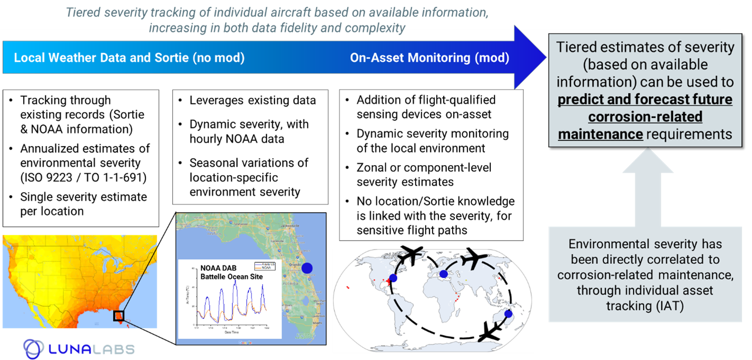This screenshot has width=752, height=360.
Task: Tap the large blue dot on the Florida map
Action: [x=307, y=268]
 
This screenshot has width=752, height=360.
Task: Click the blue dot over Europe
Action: [x=444, y=273]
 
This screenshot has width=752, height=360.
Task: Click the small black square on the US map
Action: [x=119, y=316]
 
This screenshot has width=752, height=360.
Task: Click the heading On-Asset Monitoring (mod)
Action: [x=429, y=58]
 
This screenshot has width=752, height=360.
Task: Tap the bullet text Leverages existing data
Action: [x=253, y=100]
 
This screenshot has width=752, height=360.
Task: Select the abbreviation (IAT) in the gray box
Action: [x=670, y=306]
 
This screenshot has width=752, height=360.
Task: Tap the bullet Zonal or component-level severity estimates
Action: [x=423, y=175]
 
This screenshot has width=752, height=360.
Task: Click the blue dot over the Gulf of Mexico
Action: [x=393, y=278]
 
